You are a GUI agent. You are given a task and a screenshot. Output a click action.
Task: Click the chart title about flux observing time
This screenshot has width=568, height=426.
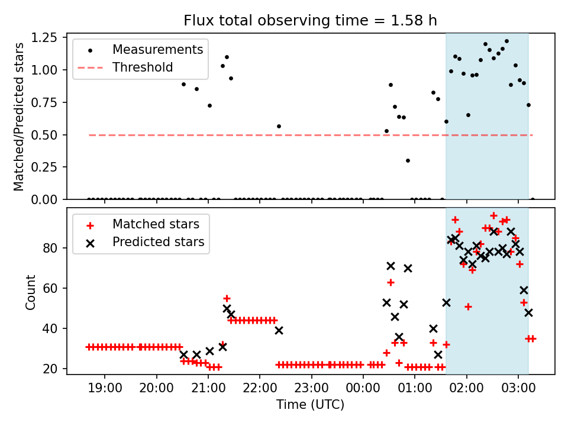[x=310, y=20]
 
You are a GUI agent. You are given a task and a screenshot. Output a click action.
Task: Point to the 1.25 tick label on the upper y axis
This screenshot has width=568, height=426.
[x=44, y=38]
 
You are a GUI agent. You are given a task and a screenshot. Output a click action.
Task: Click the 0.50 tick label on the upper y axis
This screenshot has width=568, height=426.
[x=44, y=135]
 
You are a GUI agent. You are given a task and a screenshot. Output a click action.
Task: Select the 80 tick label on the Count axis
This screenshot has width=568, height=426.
[x=50, y=248]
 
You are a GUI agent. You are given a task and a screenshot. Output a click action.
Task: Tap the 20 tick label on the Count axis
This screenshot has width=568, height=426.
[x=50, y=369]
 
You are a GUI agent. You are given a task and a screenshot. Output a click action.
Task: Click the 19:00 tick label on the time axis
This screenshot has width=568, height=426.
[x=105, y=388]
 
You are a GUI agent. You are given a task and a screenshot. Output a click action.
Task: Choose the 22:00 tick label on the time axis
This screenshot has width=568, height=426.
[x=260, y=388]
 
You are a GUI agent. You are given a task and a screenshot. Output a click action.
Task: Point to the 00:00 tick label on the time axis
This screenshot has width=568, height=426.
[x=363, y=388]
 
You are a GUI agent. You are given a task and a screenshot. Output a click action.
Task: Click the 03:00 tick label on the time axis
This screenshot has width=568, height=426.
[x=518, y=388]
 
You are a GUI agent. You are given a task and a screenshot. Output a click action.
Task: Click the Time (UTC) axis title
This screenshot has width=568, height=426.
[x=311, y=404]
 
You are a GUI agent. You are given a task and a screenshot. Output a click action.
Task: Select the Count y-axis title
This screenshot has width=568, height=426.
[x=30, y=292]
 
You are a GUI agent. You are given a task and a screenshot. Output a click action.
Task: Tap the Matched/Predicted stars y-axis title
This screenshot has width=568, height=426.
[x=19, y=117]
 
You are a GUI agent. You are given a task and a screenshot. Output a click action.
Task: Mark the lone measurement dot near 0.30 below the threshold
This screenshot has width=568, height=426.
[x=408, y=160]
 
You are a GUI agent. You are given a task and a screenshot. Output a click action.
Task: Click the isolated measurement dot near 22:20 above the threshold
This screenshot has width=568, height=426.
[x=279, y=127]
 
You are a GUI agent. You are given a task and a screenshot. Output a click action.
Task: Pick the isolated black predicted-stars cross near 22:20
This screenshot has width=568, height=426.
[x=279, y=330]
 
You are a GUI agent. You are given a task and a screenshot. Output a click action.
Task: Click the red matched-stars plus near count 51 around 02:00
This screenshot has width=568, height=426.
[x=468, y=307]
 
